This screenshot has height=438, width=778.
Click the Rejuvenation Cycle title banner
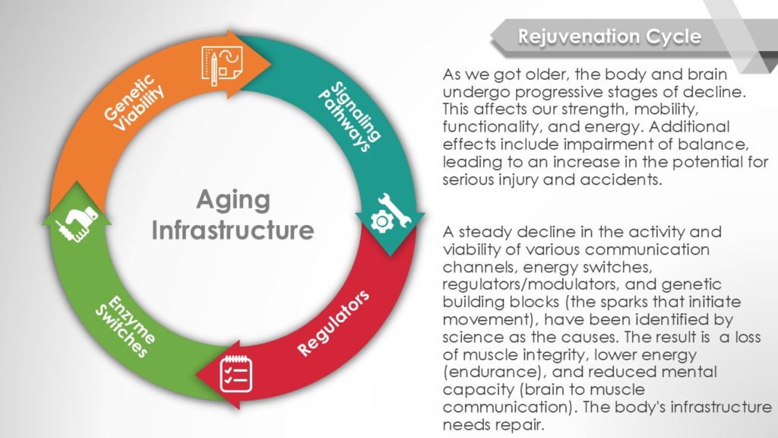625,36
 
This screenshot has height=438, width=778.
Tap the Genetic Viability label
134,103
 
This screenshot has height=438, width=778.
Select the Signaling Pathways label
350,116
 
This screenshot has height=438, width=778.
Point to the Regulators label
333,322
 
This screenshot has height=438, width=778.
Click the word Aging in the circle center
233,200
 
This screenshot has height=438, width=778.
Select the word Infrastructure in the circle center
232,230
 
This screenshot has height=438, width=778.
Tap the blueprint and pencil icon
222,65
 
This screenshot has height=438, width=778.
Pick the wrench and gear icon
391,214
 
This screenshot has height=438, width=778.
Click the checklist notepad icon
236,373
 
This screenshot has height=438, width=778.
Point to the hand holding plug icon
77,223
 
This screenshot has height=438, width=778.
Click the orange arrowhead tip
271,63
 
